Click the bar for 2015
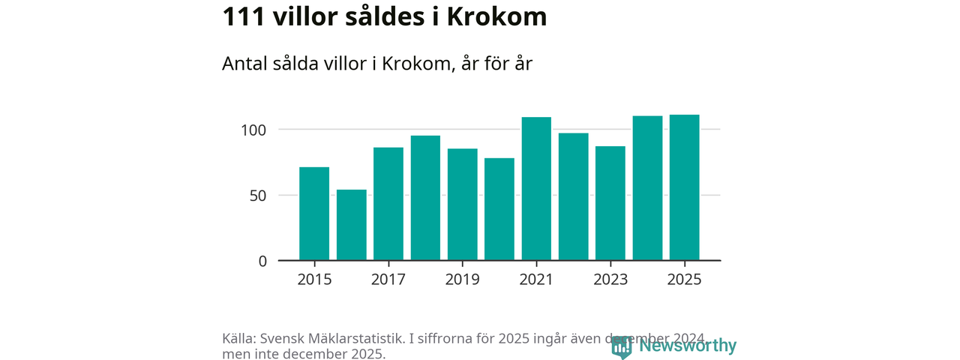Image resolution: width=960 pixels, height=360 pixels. coord(314,214)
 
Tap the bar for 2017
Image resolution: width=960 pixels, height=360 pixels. coord(388,204)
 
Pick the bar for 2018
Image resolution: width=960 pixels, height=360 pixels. coord(425,198)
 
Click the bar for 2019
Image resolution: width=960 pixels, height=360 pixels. coord(462,205)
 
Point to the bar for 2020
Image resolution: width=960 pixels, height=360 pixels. coord(499,209)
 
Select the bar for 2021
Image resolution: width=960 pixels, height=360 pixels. coord(536,189)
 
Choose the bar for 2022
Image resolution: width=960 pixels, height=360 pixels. coord(574,196)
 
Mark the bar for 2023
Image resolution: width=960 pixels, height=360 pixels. coord(610,203)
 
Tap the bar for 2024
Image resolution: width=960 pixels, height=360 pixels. coord(647,188)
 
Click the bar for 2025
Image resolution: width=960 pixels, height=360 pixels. coord(685,187)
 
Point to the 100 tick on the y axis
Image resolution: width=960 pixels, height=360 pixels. coord(253,130)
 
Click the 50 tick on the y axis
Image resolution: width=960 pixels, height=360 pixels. coord(258,196)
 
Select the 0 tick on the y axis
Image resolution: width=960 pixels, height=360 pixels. coord(262,261)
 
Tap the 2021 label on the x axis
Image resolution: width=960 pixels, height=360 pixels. coord(536,279)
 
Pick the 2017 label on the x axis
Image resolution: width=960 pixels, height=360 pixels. coord(388,279)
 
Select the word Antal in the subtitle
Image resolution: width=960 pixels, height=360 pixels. coord(246,64)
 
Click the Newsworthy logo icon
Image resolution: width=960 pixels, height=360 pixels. coord(621,346)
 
